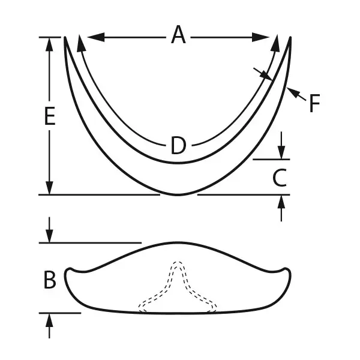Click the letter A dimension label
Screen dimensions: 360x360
coord(178,35)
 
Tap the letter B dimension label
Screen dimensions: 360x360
coord(50,280)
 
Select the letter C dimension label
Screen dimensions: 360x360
coord(280,178)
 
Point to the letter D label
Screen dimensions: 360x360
coord(178,145)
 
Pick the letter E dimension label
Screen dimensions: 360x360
coord(50,116)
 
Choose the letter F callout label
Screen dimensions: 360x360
coord(314,103)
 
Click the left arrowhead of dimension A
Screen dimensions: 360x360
coord(96,37)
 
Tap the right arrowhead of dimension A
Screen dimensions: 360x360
coord(260,37)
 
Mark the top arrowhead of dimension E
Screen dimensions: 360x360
coord(49,44)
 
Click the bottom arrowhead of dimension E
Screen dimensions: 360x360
coord(49,188)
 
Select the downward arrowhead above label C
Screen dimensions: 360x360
coord(281,152)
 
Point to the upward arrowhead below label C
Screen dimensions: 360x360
coord(281,202)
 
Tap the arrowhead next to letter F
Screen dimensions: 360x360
coord(293,92)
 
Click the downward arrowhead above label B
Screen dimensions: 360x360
coord(49,236)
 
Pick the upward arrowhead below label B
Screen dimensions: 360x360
coord(49,320)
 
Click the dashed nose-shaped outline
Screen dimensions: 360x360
coord(177,287)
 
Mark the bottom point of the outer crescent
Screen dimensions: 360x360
coord(178,195)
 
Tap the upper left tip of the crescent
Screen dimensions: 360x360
coord(65,37)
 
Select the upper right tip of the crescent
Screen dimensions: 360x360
coord(290,37)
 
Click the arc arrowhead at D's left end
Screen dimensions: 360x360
coord(81,43)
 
